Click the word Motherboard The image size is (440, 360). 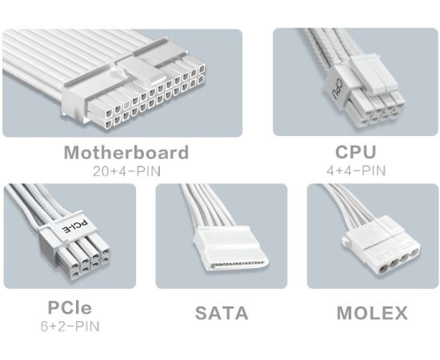(126, 152)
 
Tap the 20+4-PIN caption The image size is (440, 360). (127, 171)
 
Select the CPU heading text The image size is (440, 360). (355, 152)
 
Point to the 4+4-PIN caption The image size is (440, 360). (356, 170)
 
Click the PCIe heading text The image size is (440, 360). (70, 307)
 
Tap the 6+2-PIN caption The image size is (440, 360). (70, 326)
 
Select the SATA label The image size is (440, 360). (222, 313)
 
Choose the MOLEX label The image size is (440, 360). (372, 313)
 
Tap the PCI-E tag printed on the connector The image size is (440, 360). (75, 226)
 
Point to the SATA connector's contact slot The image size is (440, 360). (237, 265)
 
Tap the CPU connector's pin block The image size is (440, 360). (374, 109)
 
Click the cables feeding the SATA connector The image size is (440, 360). (209, 205)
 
